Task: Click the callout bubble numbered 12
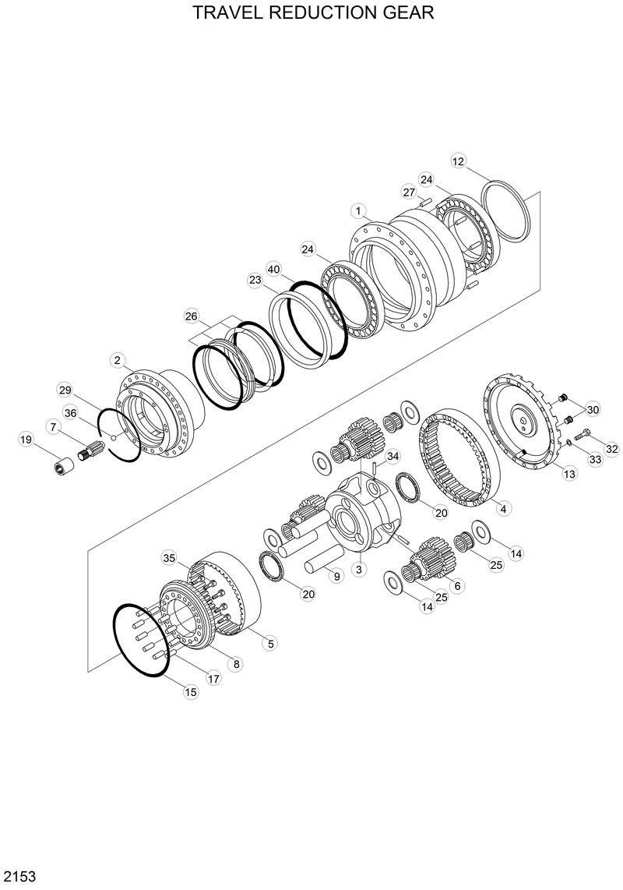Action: coord(459,161)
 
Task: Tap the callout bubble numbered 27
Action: coord(410,192)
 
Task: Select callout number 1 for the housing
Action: coord(358,212)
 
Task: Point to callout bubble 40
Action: coord(274,269)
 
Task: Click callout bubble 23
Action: coord(255,280)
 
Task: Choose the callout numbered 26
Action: coord(192,316)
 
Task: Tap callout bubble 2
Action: coord(118,360)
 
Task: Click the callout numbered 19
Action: coord(26,439)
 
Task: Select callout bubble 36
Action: coord(70,413)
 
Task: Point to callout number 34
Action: coord(392,456)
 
